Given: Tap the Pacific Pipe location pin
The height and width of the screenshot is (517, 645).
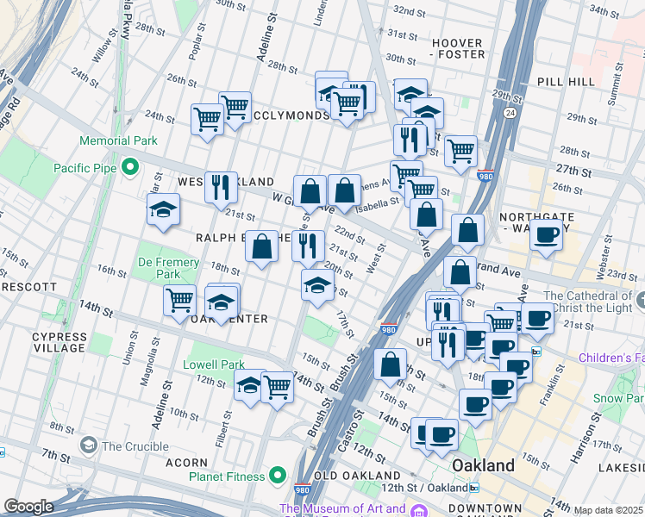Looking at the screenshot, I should (130, 167).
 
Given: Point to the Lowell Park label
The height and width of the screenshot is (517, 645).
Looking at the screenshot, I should (214, 364).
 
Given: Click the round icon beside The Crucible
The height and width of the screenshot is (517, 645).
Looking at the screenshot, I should (88, 445).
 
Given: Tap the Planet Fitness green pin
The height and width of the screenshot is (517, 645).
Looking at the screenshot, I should (277, 475).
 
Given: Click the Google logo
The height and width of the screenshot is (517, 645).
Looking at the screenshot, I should (29, 507).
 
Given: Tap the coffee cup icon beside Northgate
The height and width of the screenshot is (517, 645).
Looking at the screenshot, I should (545, 234).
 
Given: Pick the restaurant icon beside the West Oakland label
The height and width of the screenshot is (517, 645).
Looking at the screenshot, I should (221, 186).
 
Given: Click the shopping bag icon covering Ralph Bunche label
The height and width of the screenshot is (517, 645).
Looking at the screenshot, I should (262, 246).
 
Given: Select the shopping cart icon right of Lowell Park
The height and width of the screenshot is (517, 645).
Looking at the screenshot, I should (277, 387).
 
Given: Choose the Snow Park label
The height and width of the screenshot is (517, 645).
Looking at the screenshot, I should (619, 399).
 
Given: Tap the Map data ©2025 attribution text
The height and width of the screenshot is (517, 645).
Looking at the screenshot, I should (608, 510).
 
